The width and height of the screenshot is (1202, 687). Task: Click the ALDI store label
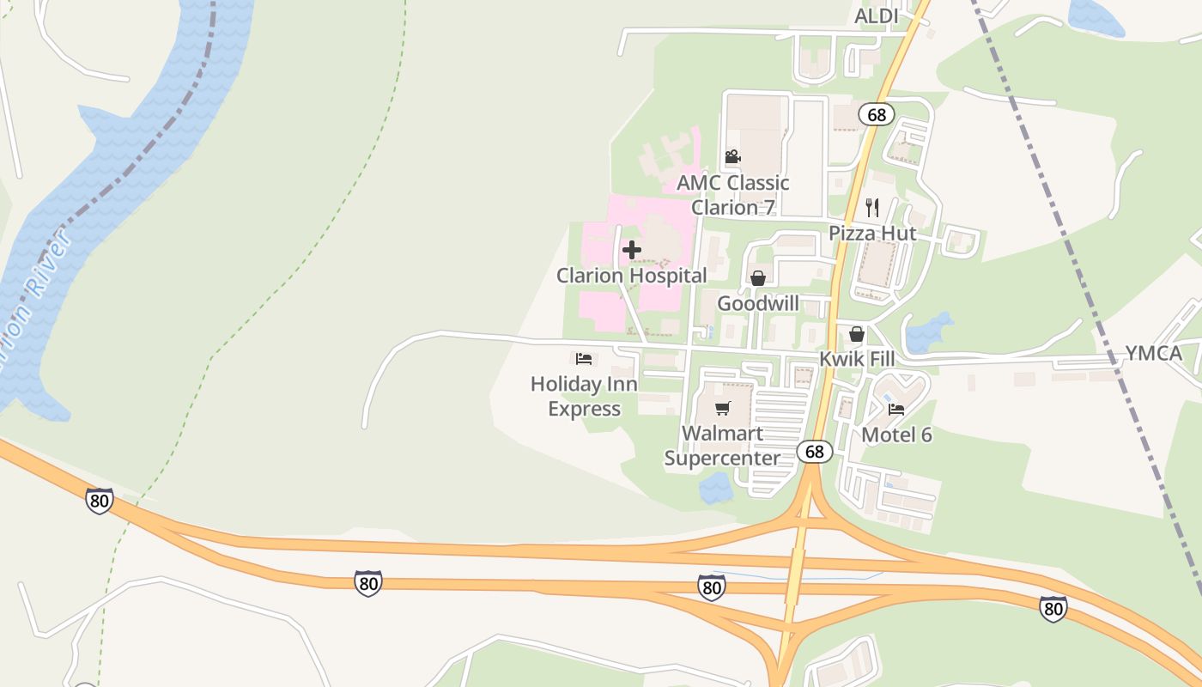click(x=876, y=16)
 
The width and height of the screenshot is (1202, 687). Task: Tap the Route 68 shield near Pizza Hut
click(x=876, y=114)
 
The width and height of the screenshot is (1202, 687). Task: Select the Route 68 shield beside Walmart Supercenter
click(x=814, y=451)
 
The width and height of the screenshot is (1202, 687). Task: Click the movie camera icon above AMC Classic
click(x=732, y=157)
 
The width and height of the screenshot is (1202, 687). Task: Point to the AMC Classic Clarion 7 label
click(x=733, y=195)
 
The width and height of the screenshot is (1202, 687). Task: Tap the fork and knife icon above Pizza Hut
click(x=872, y=207)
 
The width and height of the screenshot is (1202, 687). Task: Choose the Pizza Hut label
click(x=872, y=234)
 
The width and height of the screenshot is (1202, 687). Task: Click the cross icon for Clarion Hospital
click(x=632, y=250)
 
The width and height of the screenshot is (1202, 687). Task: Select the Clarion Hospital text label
click(x=632, y=276)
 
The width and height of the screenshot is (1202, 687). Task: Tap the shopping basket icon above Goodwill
click(x=758, y=278)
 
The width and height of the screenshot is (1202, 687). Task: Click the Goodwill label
click(x=758, y=303)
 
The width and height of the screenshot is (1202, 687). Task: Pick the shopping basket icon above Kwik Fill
click(x=856, y=334)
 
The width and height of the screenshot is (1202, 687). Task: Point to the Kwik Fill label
click(x=857, y=359)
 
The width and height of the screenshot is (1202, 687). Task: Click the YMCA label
click(x=1154, y=354)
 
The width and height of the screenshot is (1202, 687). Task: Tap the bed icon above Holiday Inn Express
click(x=584, y=358)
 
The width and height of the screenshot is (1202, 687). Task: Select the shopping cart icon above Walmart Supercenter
click(x=723, y=408)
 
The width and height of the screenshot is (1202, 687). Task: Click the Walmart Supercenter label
click(x=723, y=446)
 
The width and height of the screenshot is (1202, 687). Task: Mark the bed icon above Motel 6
click(x=896, y=410)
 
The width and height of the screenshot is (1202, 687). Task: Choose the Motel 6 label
click(x=896, y=435)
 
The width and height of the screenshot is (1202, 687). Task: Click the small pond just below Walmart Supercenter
click(x=715, y=488)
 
